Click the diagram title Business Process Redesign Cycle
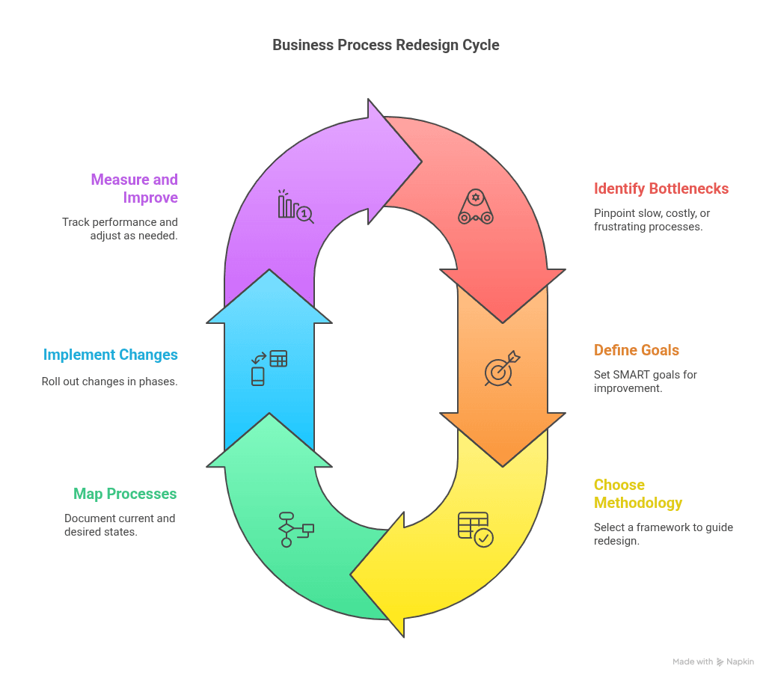click(x=385, y=45)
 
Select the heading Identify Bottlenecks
click(x=661, y=189)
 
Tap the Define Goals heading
click(x=636, y=350)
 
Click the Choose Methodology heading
click(x=637, y=494)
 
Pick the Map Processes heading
click(x=125, y=494)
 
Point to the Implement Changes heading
click(x=111, y=355)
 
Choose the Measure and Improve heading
click(x=135, y=189)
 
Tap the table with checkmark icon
click(x=475, y=529)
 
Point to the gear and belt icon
click(x=476, y=207)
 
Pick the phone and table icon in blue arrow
click(x=269, y=367)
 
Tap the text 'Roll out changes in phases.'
click(x=110, y=382)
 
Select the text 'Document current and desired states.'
click(x=120, y=525)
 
